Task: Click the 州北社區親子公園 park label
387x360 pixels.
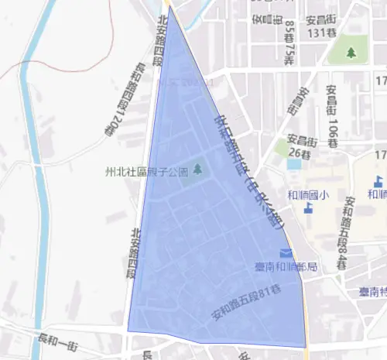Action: [x=146, y=170]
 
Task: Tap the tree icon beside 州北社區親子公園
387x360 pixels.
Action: [x=197, y=169]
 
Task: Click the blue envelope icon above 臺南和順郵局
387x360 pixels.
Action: [x=286, y=253]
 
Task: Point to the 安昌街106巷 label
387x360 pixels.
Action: [x=331, y=116]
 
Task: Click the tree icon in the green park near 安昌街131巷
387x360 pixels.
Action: [x=351, y=53]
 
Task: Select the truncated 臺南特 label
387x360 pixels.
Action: [x=372, y=293]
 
